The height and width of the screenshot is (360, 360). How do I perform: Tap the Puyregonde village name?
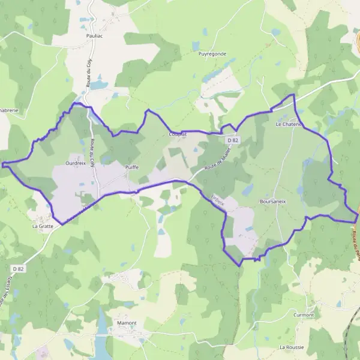point(212,53)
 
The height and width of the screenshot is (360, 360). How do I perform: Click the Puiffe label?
point(132,167)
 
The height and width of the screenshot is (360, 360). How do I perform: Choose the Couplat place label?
point(178,134)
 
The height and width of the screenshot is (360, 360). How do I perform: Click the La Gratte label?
point(43,227)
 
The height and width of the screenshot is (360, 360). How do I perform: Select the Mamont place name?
point(127,323)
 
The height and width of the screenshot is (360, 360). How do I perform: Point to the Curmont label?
point(304,315)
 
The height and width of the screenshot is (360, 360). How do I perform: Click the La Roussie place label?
point(292,347)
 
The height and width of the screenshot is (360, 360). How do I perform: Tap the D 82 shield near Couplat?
point(233,140)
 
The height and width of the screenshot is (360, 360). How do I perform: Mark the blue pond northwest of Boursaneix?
point(248,190)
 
